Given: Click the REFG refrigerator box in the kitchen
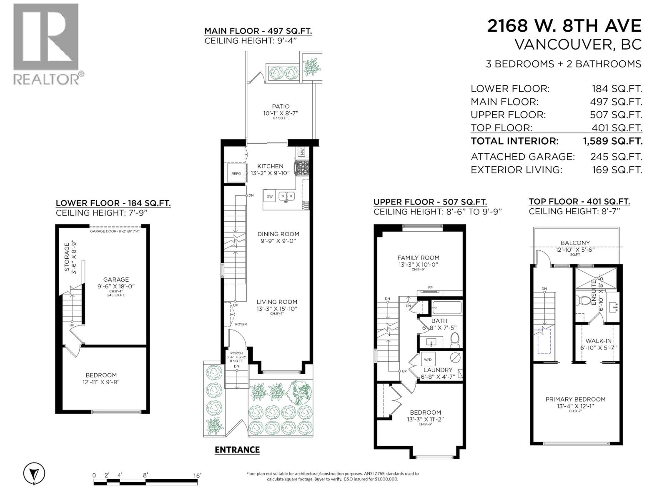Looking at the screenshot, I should (x=236, y=173).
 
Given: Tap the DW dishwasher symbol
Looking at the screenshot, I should (x=270, y=196).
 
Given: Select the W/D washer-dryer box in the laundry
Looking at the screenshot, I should (x=428, y=359).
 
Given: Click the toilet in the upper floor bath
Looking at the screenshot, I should (x=455, y=340).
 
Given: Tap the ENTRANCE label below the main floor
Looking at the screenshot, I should (x=237, y=450).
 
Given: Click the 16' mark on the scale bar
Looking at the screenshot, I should (x=197, y=475).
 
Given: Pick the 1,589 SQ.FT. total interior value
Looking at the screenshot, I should (x=613, y=141).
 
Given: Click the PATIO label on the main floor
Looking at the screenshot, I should (x=281, y=106).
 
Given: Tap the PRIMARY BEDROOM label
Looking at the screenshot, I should (x=575, y=399).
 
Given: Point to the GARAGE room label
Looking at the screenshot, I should (x=116, y=280).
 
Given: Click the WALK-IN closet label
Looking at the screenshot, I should (x=598, y=341).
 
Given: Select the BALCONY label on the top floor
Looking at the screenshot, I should (x=575, y=242).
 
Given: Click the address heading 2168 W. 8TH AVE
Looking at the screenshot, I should (x=564, y=26).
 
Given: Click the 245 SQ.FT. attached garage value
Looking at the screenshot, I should (x=616, y=157).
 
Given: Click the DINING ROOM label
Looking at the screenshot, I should (x=278, y=234).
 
